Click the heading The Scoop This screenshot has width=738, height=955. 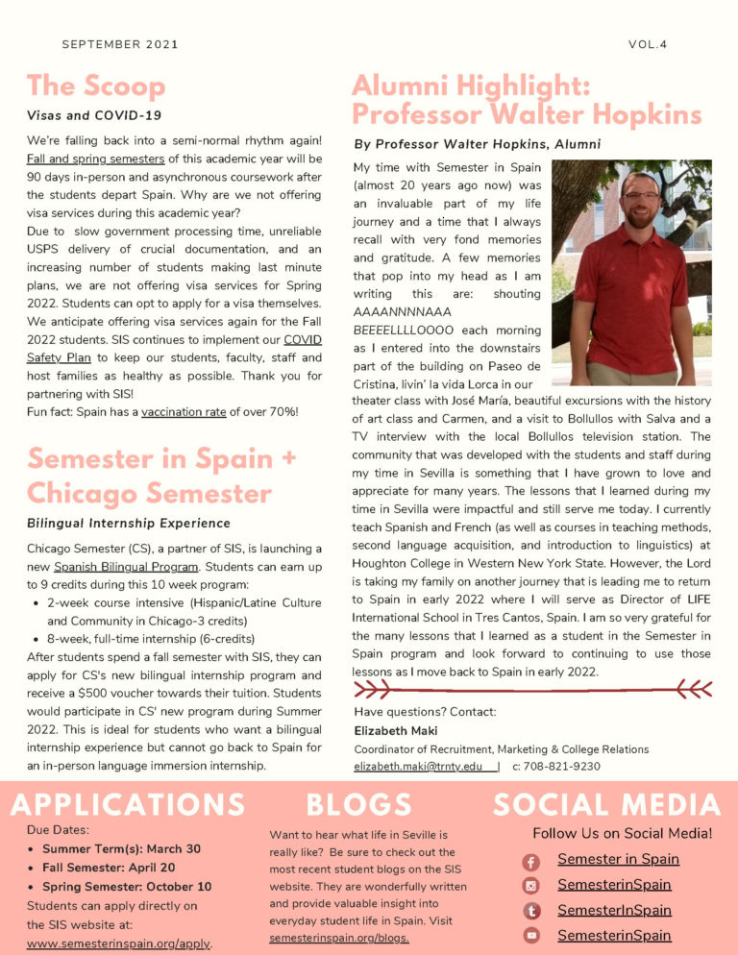pos(96,86)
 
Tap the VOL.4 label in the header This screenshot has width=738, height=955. pos(648,44)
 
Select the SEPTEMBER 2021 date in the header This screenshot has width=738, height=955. pos(120,44)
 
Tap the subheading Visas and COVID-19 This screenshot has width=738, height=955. pos(94,116)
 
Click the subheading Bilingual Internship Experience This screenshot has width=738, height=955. pos(129,524)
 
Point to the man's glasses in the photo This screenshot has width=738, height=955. pos(641,197)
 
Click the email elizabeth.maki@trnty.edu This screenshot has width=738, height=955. pos(419,767)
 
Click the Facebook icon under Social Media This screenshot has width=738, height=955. pos(531,863)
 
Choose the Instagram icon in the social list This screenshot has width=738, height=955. pos(531,886)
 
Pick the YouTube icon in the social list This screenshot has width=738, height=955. pos(531,936)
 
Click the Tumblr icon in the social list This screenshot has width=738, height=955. pos(531,911)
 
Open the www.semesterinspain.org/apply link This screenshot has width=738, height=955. pos(118,943)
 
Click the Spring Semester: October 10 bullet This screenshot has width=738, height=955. pos(127,887)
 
